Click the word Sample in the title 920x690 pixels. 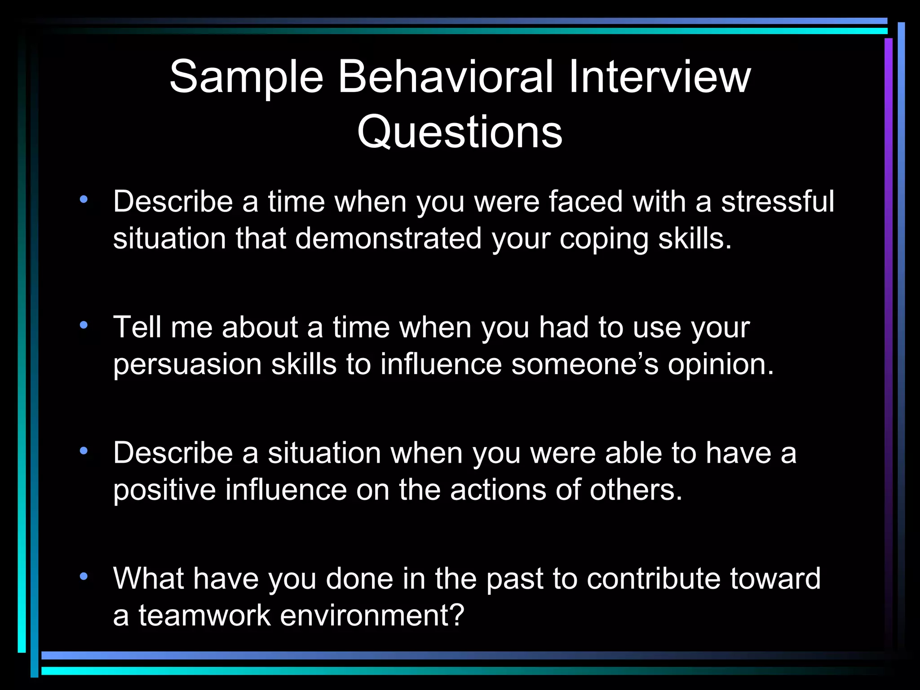pos(246,77)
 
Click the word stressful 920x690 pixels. pos(778,201)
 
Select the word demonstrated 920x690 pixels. pos(388,238)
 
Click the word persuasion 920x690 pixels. pos(187,364)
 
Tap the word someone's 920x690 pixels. pos(585,364)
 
